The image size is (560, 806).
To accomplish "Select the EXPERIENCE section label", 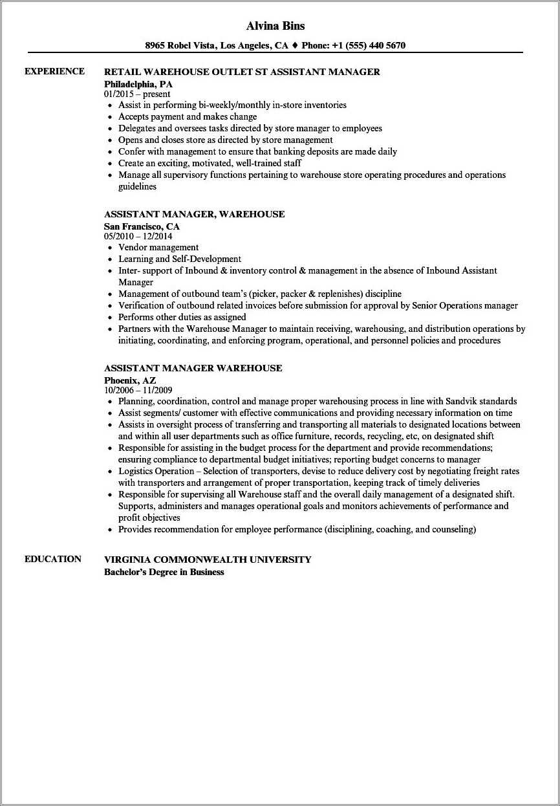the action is click(54, 71).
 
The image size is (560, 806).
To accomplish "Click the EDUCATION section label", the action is click(53, 559).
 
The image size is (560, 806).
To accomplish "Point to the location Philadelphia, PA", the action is click(138, 84).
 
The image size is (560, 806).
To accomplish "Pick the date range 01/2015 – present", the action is click(137, 94).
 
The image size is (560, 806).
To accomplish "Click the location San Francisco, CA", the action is click(142, 226).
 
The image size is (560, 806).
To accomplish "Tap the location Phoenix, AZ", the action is click(130, 380).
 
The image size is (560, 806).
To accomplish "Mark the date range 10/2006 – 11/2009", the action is click(138, 390).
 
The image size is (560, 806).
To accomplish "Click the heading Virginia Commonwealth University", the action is click(208, 560).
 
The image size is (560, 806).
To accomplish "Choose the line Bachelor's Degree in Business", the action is click(164, 572).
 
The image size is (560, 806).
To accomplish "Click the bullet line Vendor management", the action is click(158, 247).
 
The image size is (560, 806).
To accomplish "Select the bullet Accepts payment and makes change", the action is click(188, 116).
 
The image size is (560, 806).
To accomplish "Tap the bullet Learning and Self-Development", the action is click(180, 259).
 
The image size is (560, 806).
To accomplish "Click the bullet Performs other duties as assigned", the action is click(182, 317).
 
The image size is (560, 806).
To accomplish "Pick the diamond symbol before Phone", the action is click(294, 45).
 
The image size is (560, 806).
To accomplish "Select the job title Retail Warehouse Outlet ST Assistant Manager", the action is click(242, 72).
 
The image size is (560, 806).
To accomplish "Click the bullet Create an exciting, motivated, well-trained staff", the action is click(210, 163).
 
